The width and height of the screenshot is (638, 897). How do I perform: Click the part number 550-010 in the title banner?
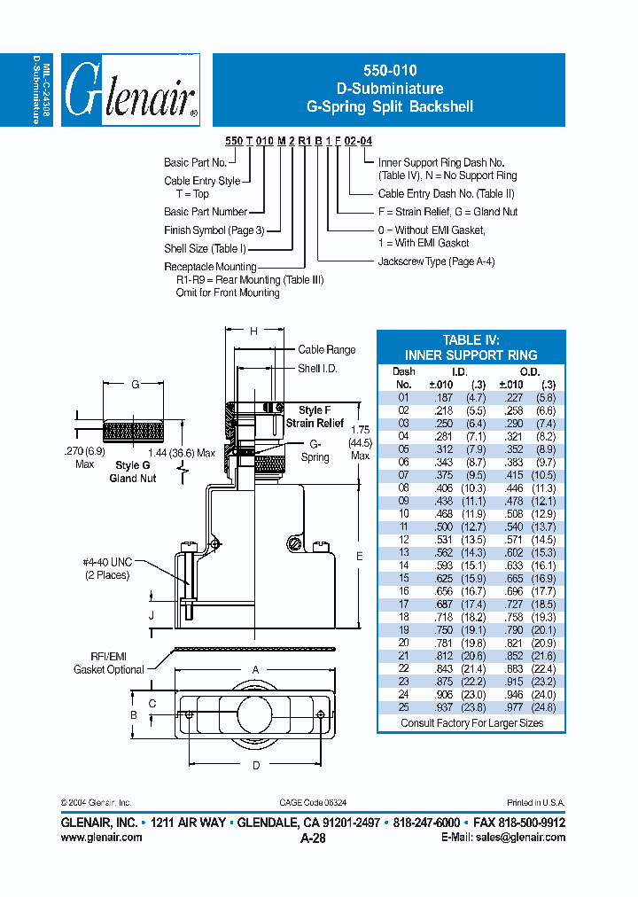389,71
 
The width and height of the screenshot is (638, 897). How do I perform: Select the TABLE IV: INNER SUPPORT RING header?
471,347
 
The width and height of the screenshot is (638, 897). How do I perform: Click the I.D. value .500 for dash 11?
440,526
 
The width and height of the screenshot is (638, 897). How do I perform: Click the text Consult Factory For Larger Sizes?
471,723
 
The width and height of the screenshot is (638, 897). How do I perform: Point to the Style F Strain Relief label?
315,417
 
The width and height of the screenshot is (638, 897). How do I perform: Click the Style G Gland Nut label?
132,472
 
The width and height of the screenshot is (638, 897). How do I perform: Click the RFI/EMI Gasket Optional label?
108,663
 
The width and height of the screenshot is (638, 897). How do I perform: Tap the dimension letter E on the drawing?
358,556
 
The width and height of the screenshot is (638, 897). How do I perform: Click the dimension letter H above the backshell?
253,331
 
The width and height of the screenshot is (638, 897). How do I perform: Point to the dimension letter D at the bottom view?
256,764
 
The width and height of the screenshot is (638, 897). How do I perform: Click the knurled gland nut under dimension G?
134,433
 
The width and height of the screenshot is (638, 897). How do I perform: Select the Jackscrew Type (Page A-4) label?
436,261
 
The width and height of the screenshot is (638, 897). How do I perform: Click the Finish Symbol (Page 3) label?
214,230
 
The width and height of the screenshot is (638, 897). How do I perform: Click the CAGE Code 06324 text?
313,802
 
